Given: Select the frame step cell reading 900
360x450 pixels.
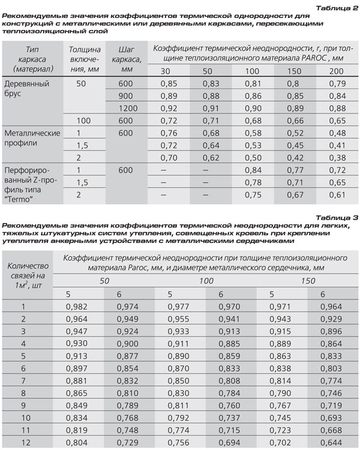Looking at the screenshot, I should [x=125, y=96].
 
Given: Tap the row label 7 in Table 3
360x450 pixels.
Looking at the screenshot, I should [x=24, y=381].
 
